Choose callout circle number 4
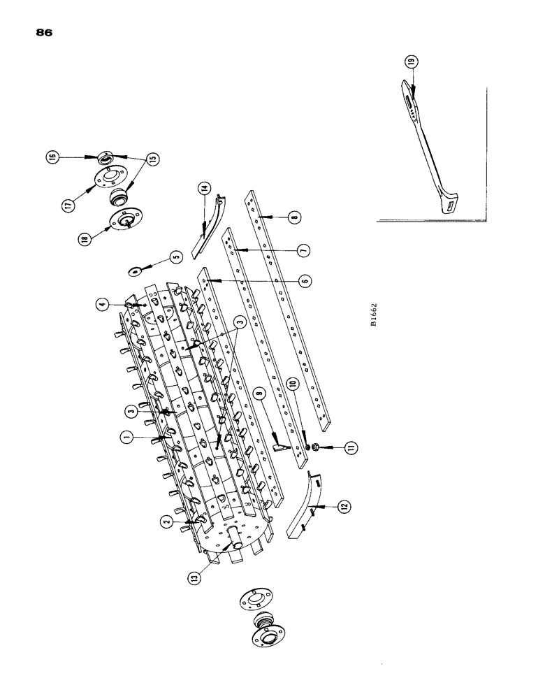[103, 305]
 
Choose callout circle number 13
[195, 576]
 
